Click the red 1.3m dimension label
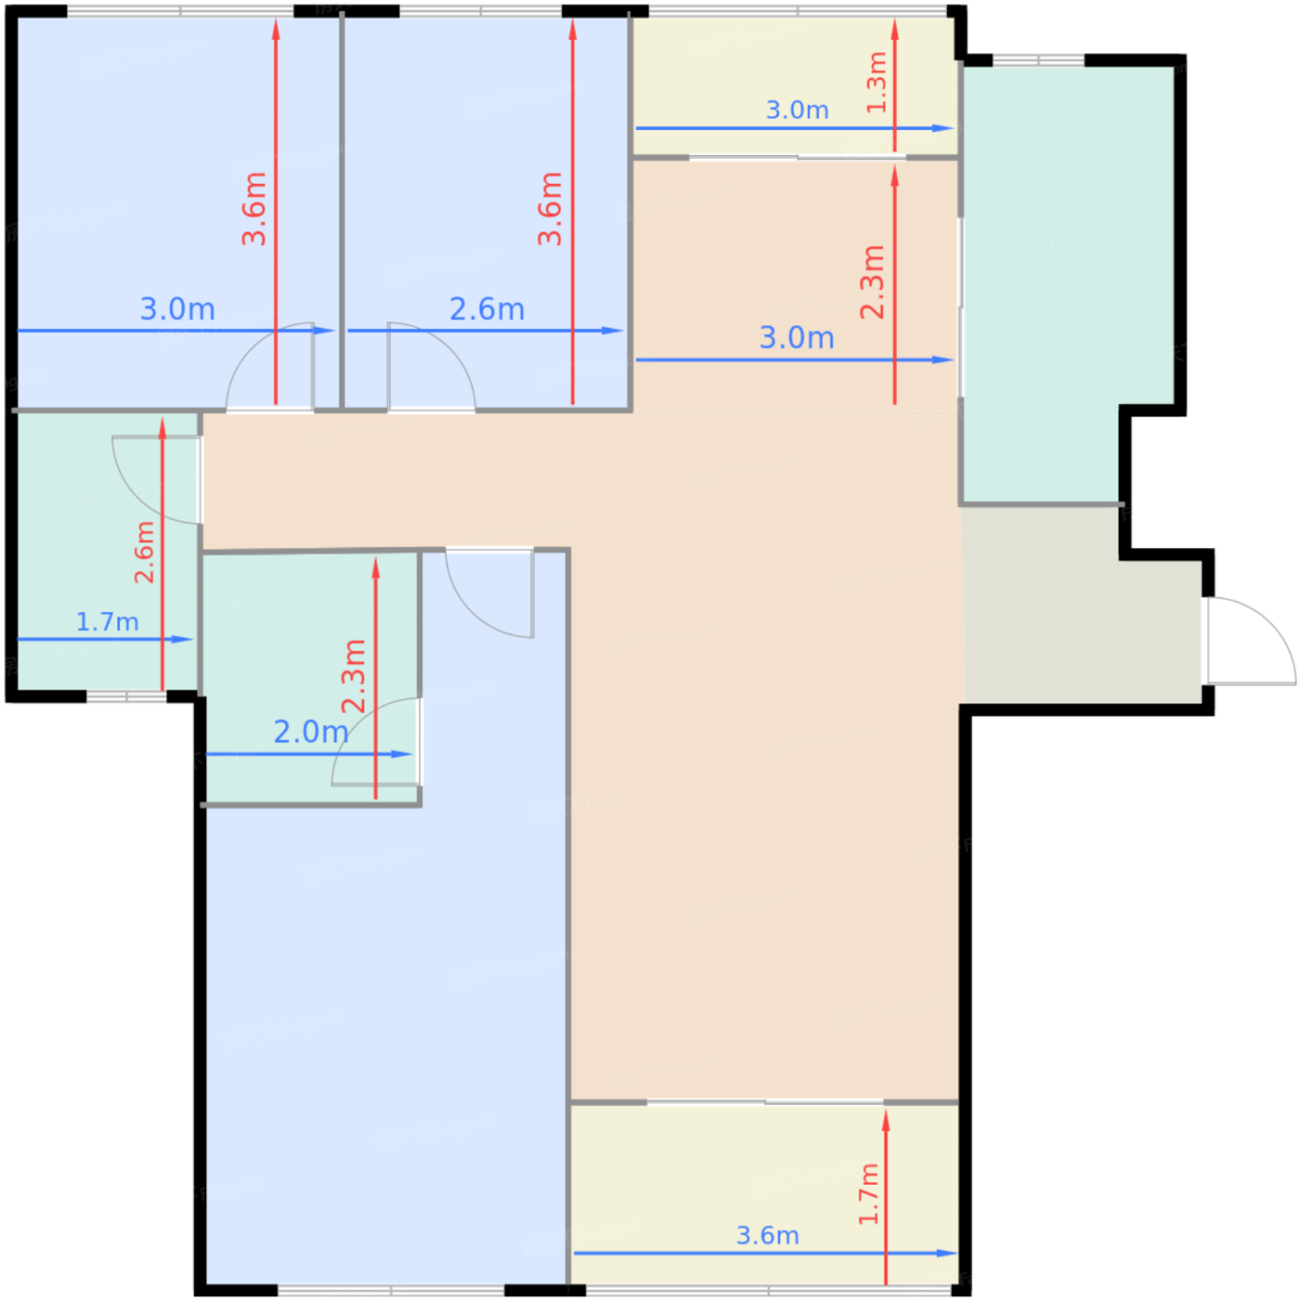tap(876, 82)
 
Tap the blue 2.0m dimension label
tap(310, 732)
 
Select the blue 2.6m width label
tap(487, 309)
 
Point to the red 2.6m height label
tap(144, 552)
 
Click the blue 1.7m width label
tap(108, 622)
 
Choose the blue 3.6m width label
tap(768, 1236)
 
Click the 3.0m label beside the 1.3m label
tap(797, 110)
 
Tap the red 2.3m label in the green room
tap(353, 676)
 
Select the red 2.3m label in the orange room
tap(873, 282)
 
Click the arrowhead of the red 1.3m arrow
tap(895, 30)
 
